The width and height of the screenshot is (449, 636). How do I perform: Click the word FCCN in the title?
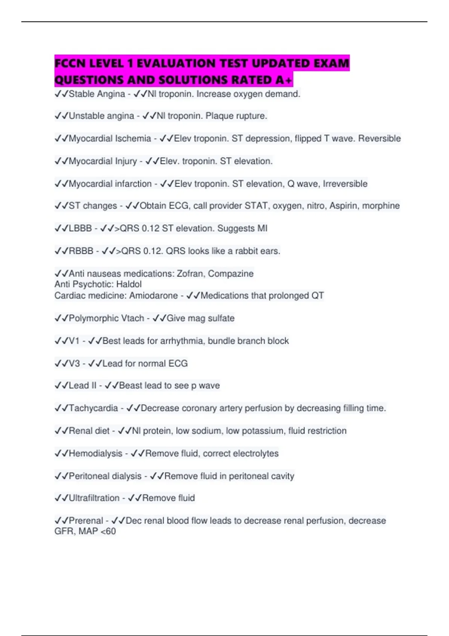pyautogui.click(x=71, y=63)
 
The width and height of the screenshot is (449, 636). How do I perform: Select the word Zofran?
pyautogui.click(x=190, y=273)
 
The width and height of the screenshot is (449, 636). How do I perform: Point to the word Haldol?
pyautogui.click(x=129, y=284)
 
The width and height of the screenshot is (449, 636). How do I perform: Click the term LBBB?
pyautogui.click(x=80, y=228)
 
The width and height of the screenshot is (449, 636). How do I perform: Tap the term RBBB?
pyautogui.click(x=81, y=251)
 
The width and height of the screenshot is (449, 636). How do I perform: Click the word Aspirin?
pyautogui.click(x=342, y=206)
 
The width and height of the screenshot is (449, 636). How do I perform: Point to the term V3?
pyautogui.click(x=74, y=363)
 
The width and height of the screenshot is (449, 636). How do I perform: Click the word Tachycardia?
pyautogui.click(x=93, y=408)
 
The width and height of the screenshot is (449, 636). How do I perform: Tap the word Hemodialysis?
pyautogui.click(x=95, y=453)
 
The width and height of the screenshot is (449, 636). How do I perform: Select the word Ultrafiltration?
pyautogui.click(x=94, y=498)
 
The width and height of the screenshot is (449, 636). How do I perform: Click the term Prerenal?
pyautogui.click(x=86, y=521)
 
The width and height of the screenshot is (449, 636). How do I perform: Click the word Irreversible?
pyautogui.click(x=345, y=184)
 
